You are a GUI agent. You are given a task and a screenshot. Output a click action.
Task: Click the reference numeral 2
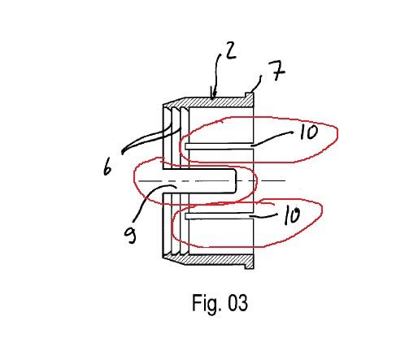tap(230, 51)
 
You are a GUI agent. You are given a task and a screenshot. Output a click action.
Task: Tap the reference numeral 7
tap(276, 71)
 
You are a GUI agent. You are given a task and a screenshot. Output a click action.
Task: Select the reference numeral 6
tap(107, 167)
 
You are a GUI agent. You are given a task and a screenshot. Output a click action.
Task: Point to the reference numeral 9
tap(130, 235)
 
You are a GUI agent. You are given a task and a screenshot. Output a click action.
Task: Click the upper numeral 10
tap(309, 132)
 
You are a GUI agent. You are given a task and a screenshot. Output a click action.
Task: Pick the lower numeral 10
tap(292, 216)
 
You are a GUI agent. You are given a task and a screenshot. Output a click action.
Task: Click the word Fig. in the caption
tap(205, 303)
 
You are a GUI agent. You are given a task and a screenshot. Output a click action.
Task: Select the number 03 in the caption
tap(237, 302)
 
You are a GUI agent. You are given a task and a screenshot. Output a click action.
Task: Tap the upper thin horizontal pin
tap(219, 146)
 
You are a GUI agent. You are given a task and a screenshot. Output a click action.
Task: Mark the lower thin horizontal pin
tap(219, 215)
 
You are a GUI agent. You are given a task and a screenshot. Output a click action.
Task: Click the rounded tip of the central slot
tap(236, 181)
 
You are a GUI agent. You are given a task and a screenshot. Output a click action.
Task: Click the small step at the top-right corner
tap(250, 95)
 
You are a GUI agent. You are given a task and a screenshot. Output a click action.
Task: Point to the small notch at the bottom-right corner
tap(250, 267)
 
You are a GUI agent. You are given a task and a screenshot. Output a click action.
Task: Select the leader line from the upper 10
tap(272, 138)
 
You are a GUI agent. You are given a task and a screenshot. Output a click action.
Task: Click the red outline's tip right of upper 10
tap(337, 133)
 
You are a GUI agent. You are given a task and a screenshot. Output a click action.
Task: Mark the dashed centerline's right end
tap(285, 180)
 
